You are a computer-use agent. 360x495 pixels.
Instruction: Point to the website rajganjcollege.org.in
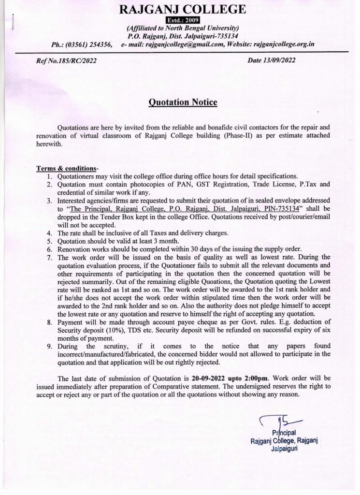[x=278, y=44]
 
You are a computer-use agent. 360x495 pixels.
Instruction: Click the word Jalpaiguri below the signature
[x=283, y=448]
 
